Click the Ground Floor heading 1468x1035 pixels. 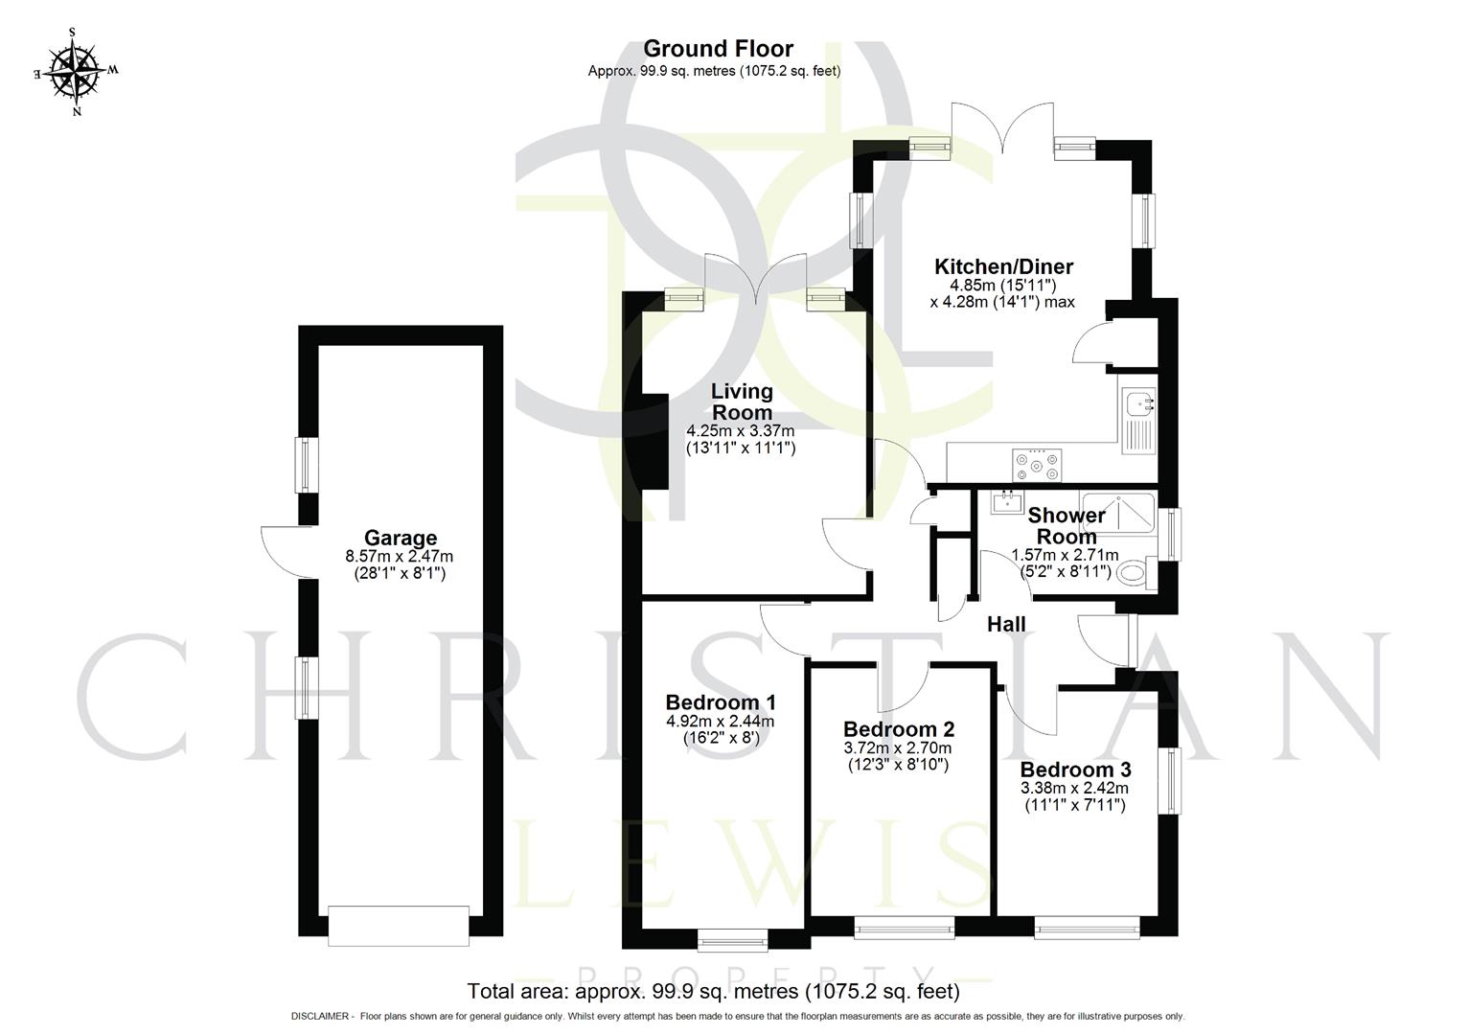718,48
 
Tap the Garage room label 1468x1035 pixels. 400,538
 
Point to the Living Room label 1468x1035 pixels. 741,402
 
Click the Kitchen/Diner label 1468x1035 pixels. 1003,266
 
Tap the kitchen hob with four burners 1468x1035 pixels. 1038,465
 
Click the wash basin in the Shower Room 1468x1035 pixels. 1003,501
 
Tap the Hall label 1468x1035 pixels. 1006,625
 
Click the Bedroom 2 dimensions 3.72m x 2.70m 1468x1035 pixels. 898,747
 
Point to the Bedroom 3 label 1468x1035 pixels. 1075,770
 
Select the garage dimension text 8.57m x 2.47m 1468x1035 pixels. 400,556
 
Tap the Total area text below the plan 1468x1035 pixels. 713,991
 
